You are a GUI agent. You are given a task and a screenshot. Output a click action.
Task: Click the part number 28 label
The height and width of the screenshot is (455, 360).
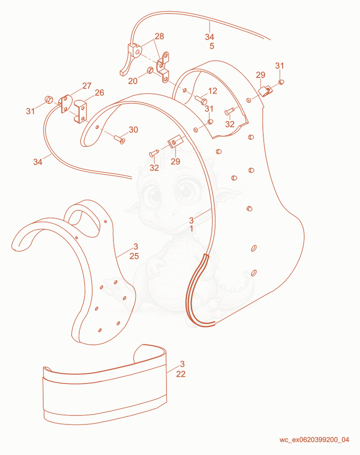pos(159,36)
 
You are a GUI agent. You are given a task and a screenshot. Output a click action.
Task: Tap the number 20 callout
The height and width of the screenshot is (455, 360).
pos(133,81)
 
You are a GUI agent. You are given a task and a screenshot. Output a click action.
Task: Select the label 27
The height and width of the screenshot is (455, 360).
pos(87,85)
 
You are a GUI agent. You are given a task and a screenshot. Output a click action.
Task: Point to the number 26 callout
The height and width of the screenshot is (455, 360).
pos(99,93)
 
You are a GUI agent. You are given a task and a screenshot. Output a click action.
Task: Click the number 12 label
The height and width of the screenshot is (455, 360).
pos(212,91)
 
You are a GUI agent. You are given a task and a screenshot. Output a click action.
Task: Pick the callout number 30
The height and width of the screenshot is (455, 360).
pos(133,129)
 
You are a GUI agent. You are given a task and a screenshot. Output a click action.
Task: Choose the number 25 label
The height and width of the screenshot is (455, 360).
pos(134,256)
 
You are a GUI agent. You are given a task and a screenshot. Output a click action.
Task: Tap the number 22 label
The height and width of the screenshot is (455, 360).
pos(180,374)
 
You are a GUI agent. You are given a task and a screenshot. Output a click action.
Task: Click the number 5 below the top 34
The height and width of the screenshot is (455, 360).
pos(212,46)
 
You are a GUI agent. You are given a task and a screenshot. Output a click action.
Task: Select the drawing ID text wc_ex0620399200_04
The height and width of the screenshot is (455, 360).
pos(315,440)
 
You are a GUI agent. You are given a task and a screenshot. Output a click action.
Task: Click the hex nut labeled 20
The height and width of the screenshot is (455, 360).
pos(150,70)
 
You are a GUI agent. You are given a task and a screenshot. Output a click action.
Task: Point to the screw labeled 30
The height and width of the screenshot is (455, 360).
pos(119,139)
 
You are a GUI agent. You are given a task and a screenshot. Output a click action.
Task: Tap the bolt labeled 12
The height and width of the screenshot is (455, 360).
pos(201,100)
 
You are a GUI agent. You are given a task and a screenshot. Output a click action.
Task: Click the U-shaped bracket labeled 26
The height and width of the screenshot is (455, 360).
pos(80,112)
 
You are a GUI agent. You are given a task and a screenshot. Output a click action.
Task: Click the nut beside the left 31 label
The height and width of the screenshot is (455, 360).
pos(48,99)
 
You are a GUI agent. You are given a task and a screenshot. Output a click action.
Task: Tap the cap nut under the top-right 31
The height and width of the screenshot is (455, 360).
pos(281,82)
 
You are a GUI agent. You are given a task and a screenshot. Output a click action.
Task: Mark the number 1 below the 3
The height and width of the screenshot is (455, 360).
pos(191,229)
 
